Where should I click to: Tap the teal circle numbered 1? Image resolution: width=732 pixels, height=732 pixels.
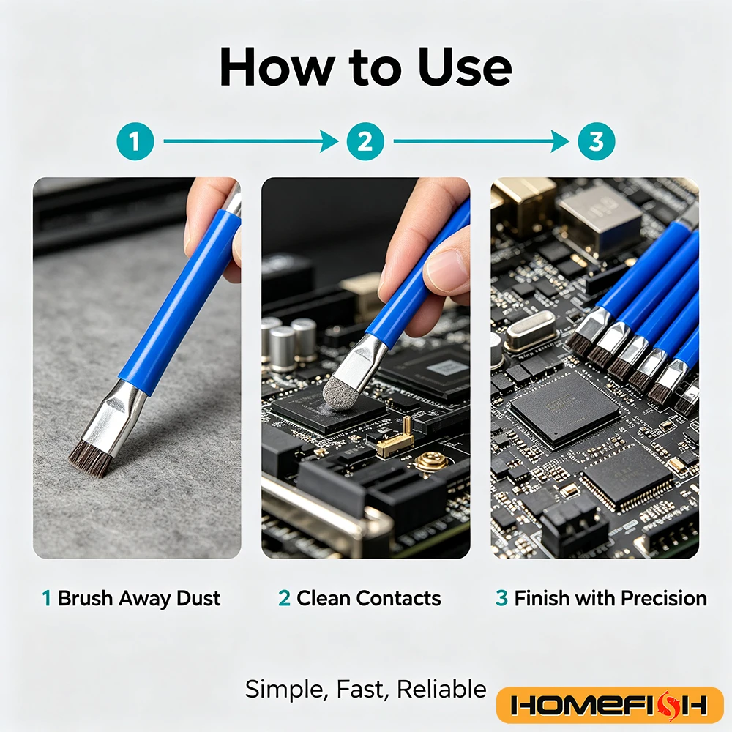click(135, 141)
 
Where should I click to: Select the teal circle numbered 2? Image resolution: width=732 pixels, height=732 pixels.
click(365, 141)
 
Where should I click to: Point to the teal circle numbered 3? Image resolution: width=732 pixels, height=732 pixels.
click(596, 141)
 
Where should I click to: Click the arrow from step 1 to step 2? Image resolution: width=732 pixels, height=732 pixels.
click(250, 141)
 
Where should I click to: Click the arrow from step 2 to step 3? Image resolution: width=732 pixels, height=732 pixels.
click(482, 141)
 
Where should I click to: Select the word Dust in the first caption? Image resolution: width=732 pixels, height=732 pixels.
click(198, 598)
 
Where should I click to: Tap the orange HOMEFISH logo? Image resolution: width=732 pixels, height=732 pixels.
click(610, 705)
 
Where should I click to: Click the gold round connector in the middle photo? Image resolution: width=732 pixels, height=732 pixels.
click(433, 461)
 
